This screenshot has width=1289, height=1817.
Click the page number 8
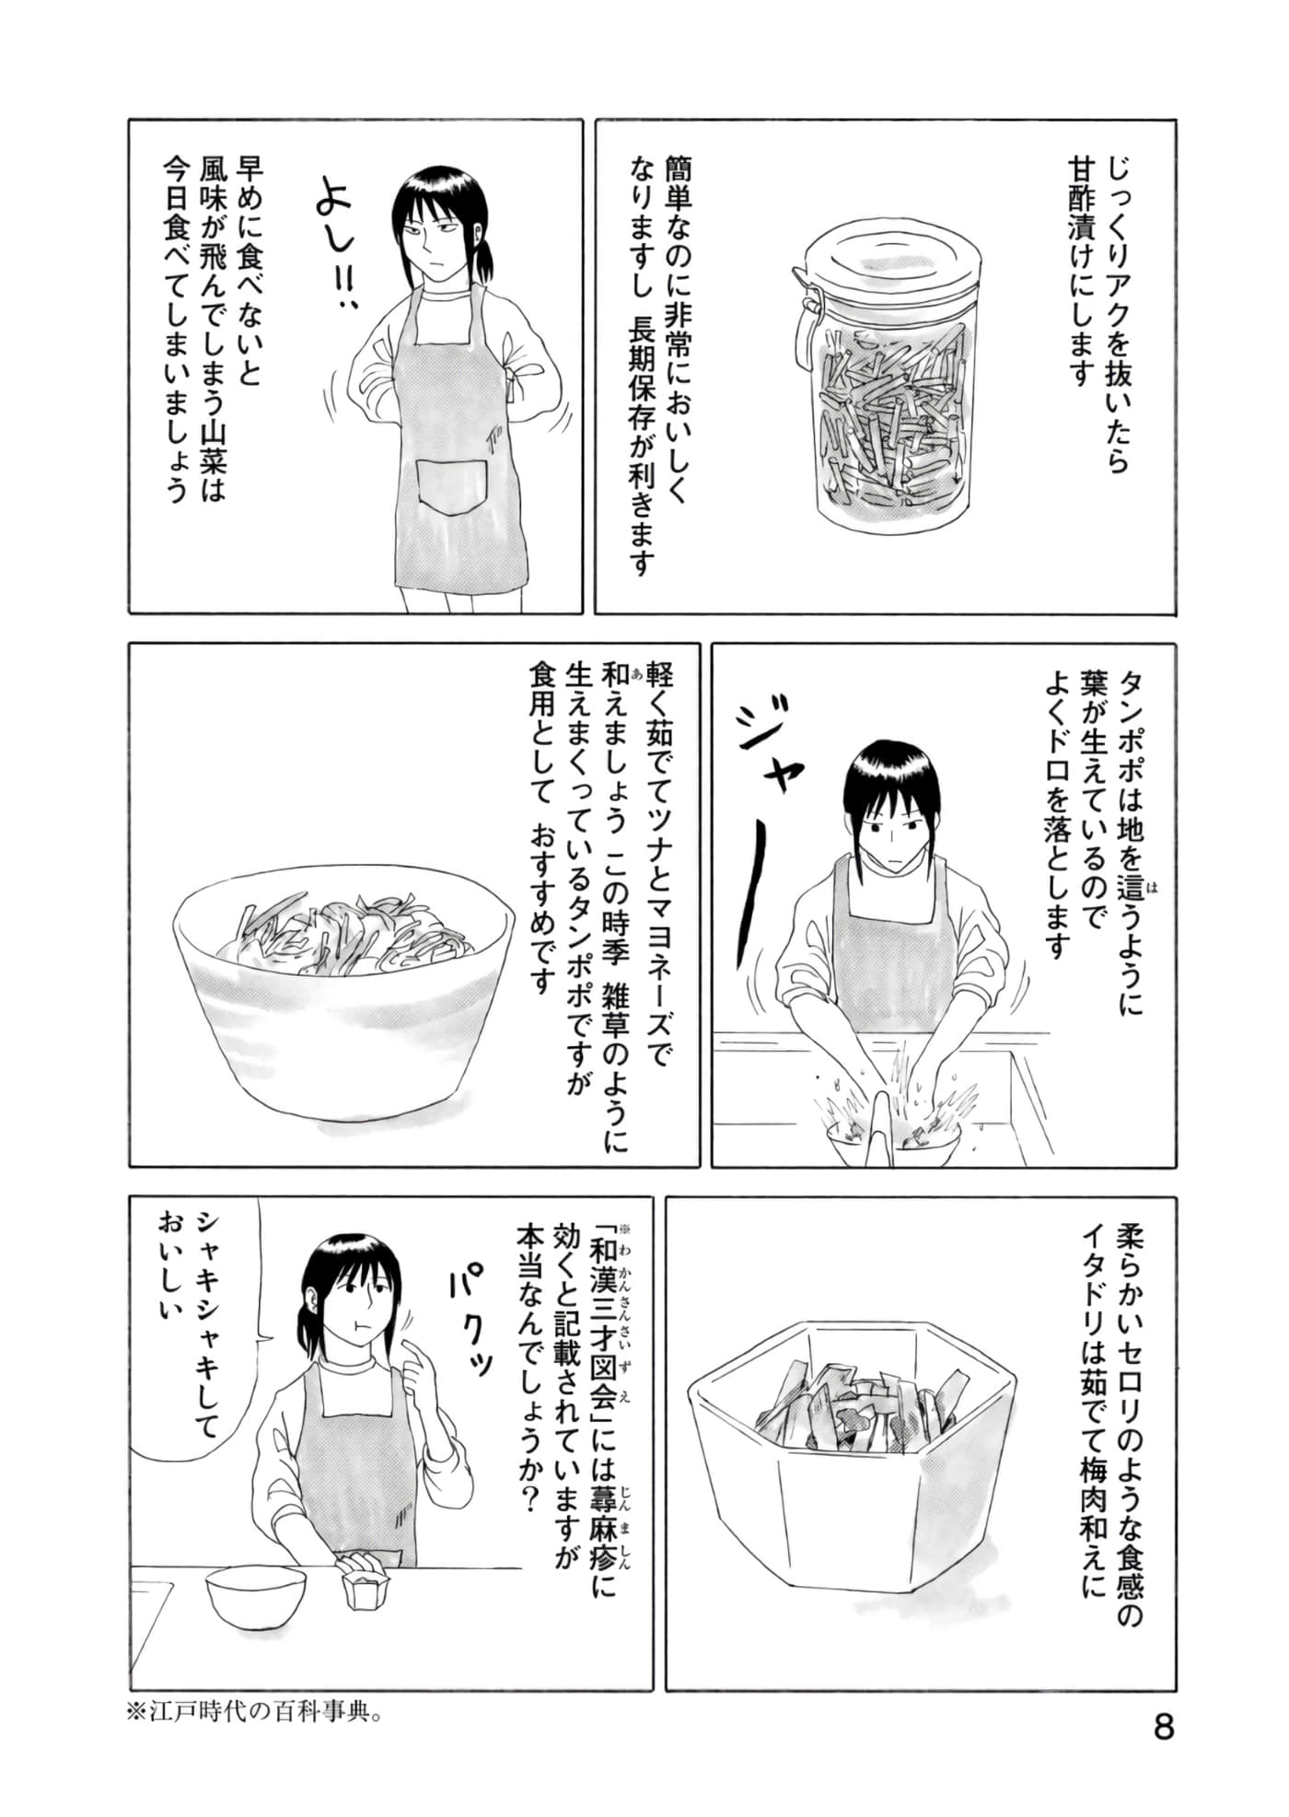tap(1164, 1725)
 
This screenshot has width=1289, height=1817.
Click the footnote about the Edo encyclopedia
tap(254, 1713)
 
